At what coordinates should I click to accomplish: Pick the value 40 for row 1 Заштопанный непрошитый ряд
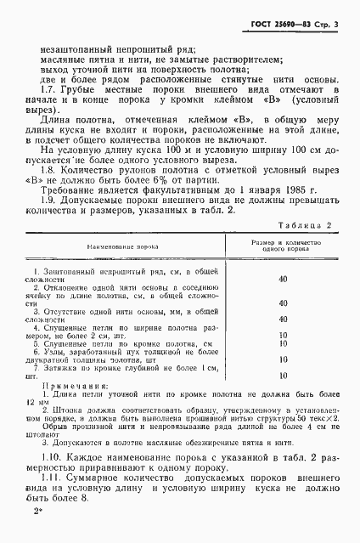[283, 303]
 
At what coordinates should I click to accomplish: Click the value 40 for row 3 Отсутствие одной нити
[283, 348]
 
